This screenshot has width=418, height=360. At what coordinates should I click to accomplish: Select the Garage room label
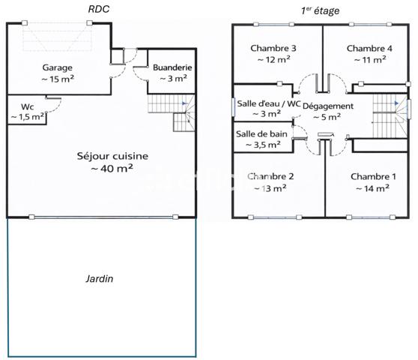pyautogui.click(x=57, y=67)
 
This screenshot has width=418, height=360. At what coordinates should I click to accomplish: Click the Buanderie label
pyautogui.click(x=172, y=67)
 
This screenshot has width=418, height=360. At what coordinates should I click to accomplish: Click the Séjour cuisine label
pyautogui.click(x=112, y=156)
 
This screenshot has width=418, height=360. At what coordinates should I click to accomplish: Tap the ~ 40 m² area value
pyautogui.click(x=112, y=169)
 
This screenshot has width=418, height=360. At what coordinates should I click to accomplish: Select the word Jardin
pyautogui.click(x=98, y=278)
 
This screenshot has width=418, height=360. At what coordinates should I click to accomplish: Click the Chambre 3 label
pyautogui.click(x=273, y=49)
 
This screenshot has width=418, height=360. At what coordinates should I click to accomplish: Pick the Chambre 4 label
pyautogui.click(x=369, y=49)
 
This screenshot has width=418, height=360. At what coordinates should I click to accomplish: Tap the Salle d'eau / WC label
pyautogui.click(x=269, y=103)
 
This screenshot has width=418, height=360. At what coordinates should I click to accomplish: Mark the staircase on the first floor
pyautogui.click(x=390, y=114)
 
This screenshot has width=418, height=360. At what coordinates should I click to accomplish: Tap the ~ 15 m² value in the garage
pyautogui.click(x=57, y=79)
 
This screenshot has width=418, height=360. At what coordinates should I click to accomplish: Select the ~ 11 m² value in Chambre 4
pyautogui.click(x=369, y=60)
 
